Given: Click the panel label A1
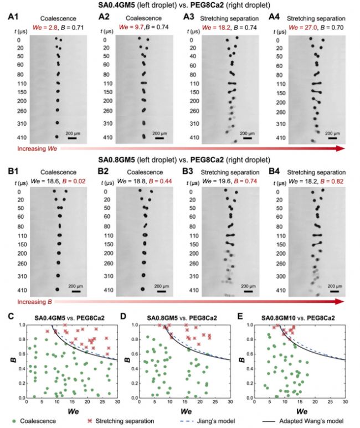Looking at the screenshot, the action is tap(13, 17).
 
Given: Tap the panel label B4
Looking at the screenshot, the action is tap(274, 171).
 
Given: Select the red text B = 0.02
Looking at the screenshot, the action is tap(74, 181).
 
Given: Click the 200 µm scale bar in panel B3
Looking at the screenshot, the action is tap(248, 291).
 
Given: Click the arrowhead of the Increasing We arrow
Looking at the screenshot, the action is tap(340, 148).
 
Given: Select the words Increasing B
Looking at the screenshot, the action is tap(34, 302).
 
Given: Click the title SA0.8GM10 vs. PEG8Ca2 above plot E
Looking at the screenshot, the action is tap(298, 318).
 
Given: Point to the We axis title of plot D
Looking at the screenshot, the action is tap(186, 411).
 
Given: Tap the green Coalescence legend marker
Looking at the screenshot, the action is tap(14, 421).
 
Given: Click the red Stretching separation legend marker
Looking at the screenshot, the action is tap(90, 421).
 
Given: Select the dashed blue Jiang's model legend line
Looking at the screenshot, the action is tap(187, 421).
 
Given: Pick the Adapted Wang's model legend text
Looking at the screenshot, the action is tap(311, 421).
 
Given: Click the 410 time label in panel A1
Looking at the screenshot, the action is tap(22, 137).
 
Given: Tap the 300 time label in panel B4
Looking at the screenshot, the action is tap(281, 276).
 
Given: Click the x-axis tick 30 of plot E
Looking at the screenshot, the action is tap(345, 402).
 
